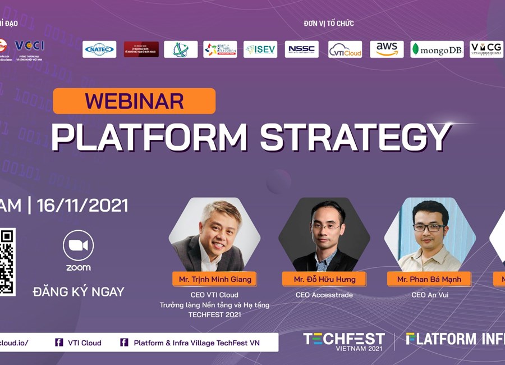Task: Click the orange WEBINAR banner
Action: tap(134, 101)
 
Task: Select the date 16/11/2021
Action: tap(82, 205)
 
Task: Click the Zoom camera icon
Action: tap(79, 245)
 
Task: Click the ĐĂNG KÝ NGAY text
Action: tap(79, 292)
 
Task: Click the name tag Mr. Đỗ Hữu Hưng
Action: tap(324, 279)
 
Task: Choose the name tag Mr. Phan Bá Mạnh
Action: tap(429, 279)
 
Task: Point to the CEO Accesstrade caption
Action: tap(324, 295)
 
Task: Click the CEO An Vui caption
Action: tap(429, 295)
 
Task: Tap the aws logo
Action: tap(387, 49)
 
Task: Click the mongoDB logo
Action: tap(437, 49)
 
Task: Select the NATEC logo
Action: tap(99, 49)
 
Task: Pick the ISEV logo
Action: tap(260, 49)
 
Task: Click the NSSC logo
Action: tap(301, 49)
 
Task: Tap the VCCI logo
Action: tap(29, 46)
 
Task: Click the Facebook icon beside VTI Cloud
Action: tap(59, 343)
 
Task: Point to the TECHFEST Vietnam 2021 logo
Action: tap(344, 340)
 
